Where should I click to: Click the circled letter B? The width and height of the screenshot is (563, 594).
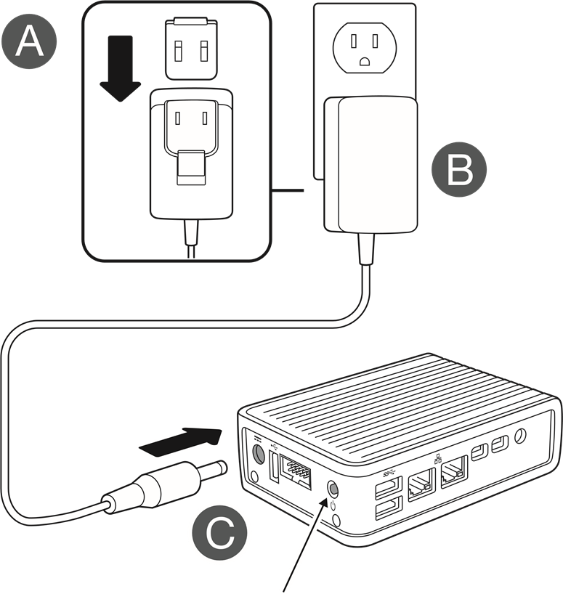[x=459, y=169]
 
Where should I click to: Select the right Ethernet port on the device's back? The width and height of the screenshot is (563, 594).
[x=453, y=474]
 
